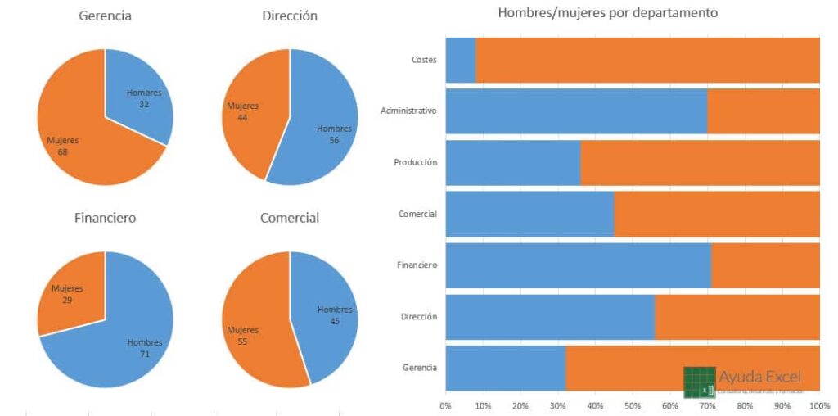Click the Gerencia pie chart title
tap(105, 16)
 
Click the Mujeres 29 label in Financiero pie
tap(67, 294)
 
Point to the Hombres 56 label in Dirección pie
tap(334, 134)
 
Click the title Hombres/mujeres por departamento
tap(607, 13)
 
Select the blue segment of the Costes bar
tap(460, 60)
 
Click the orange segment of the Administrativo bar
tap(763, 111)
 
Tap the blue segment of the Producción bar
tap(512, 162)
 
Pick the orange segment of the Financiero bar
tap(765, 265)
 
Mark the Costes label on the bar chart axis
tap(425, 60)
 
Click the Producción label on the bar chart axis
tap(415, 162)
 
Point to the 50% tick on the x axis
tap(632, 405)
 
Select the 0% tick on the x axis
tap(445, 405)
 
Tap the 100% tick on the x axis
tap(818, 405)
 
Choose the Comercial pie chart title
tap(290, 218)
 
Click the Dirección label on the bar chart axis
tap(419, 316)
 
